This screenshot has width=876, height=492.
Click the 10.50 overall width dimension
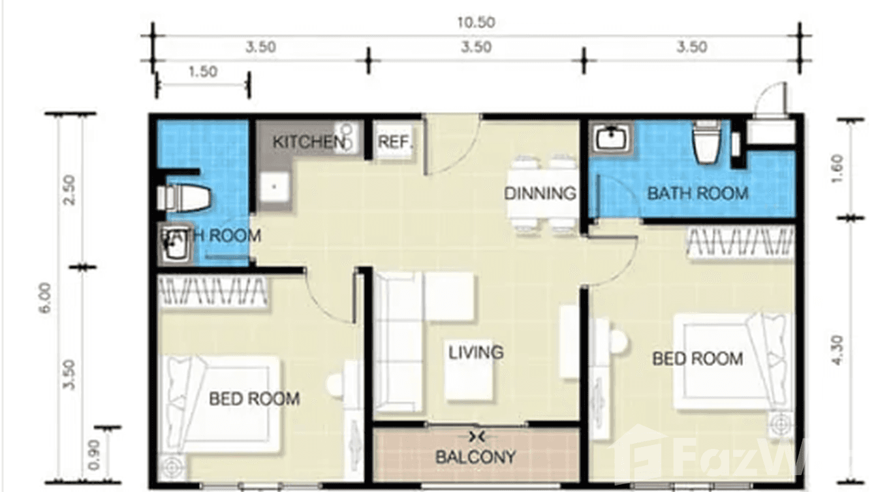476,23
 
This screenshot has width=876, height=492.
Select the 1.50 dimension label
202,72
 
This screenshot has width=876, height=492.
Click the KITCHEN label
307,142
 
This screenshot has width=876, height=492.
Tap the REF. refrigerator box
394,142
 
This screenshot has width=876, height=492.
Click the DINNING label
540,193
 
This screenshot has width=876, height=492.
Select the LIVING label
476,352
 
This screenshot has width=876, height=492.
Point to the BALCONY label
475,457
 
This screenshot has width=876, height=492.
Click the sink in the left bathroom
173,245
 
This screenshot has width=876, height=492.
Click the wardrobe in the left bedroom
213,292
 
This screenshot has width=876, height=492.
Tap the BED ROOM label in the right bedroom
697,358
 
